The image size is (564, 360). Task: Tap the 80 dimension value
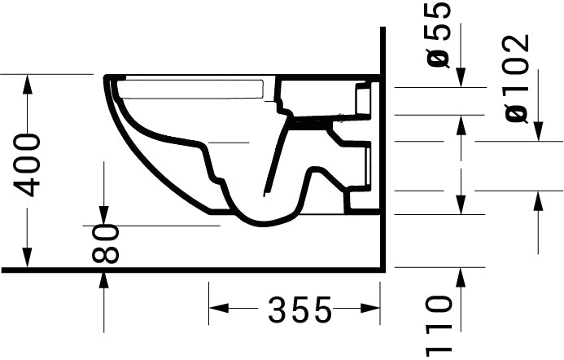(x=106, y=244)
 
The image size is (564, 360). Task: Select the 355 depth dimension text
(x=300, y=310)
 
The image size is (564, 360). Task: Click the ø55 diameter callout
(x=439, y=34)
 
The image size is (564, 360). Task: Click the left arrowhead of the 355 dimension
(x=216, y=309)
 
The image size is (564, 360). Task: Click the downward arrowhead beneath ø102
(x=538, y=134)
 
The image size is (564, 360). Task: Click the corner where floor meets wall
(x=381, y=269)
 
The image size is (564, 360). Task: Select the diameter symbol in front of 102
(x=518, y=112)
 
